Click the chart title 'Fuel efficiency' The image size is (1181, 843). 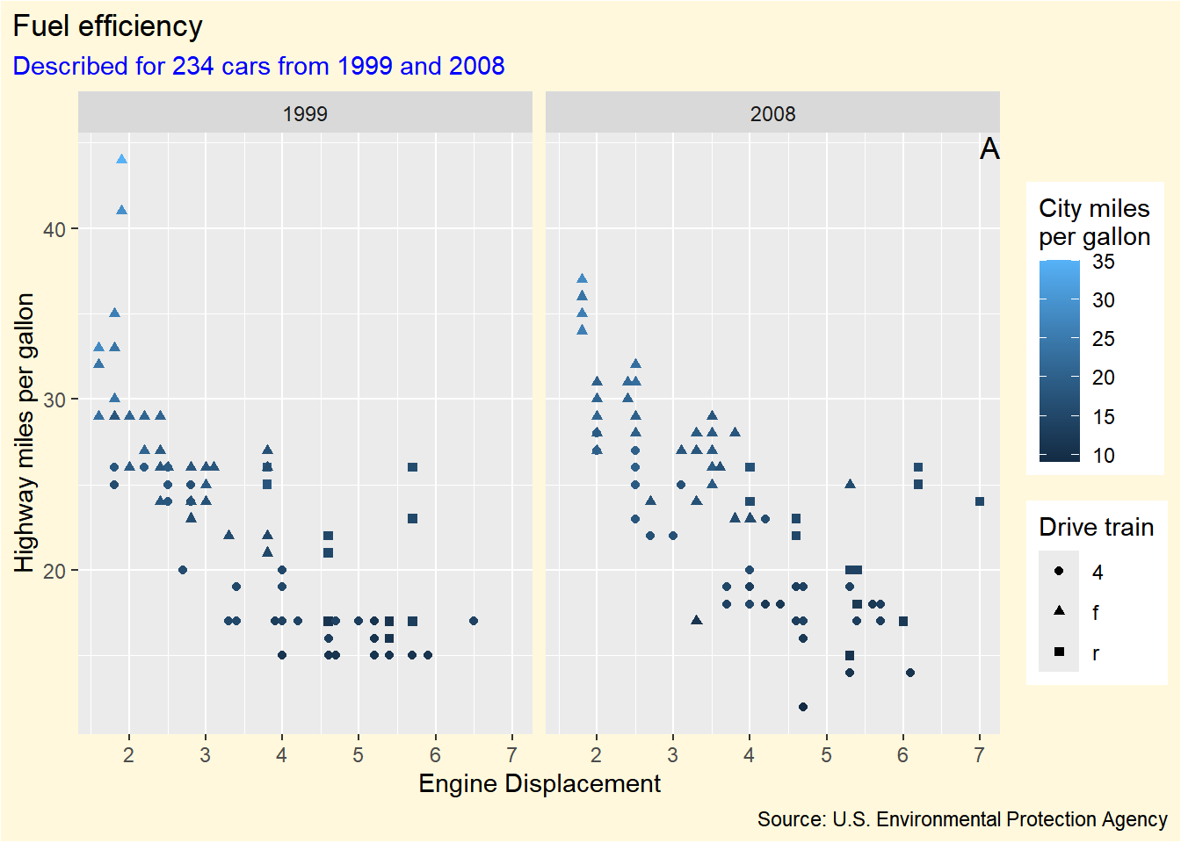point(107,26)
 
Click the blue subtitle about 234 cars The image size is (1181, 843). point(258,66)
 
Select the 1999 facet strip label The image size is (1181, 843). point(305,113)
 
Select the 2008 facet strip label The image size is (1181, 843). point(772,113)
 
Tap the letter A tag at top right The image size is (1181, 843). point(989,149)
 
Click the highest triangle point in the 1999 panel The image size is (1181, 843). point(121,159)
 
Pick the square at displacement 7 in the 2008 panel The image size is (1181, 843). point(980,501)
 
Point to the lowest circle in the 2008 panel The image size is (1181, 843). point(803,707)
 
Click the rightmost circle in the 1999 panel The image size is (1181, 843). point(474,621)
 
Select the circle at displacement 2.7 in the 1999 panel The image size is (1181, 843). point(183,570)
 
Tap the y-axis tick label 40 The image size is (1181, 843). point(54,229)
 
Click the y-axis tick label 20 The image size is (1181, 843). point(54,571)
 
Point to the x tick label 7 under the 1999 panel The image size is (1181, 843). point(512,755)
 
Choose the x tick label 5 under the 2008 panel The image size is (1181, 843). point(826,755)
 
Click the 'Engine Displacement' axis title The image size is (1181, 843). point(540,783)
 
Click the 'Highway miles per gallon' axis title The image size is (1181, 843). point(25,432)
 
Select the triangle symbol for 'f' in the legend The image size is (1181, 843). point(1059,611)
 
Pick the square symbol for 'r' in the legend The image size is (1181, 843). point(1059,652)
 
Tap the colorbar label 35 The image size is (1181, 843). point(1104,262)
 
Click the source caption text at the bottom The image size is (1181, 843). point(962,819)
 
